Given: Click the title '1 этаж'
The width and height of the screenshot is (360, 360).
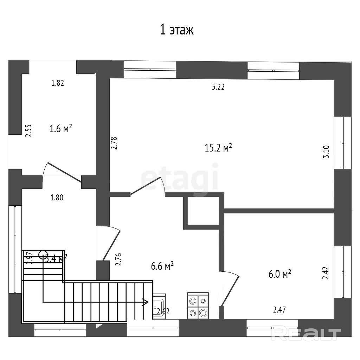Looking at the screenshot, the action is click(x=177, y=30).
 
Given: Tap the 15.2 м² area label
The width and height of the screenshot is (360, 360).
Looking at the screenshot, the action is click(x=218, y=148).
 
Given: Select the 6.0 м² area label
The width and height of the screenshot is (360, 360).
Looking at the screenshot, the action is click(x=280, y=274).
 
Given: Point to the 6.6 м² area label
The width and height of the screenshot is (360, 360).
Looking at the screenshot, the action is click(x=162, y=266).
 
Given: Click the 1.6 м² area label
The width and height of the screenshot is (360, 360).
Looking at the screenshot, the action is click(x=61, y=129).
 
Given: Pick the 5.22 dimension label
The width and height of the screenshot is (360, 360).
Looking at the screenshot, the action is click(x=218, y=87).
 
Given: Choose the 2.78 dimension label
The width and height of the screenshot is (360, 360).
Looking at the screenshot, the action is click(x=114, y=143).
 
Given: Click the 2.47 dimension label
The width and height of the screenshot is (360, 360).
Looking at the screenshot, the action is click(x=279, y=310).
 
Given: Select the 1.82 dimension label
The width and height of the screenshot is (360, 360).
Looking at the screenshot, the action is click(x=58, y=83).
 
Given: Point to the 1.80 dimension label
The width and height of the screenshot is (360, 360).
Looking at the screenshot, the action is click(x=57, y=198).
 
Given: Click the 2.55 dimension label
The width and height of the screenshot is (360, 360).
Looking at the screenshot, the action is click(x=29, y=130).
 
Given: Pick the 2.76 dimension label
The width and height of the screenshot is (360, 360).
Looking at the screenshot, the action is click(x=118, y=259).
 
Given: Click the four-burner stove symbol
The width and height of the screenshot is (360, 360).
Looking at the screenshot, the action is click(x=198, y=306).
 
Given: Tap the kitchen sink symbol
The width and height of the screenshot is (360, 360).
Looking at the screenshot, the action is click(x=159, y=306).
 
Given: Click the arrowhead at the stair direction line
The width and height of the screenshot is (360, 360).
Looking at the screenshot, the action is click(x=145, y=302).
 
